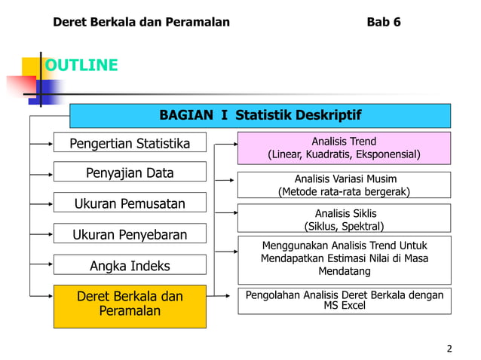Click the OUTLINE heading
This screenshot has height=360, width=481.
[x=81, y=66]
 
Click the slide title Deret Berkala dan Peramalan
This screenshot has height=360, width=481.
[x=141, y=22]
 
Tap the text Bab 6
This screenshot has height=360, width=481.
[x=383, y=22]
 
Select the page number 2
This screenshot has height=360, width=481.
[x=449, y=348]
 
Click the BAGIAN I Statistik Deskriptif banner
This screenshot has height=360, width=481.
[x=260, y=116]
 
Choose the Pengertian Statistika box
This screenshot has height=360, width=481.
[x=130, y=143]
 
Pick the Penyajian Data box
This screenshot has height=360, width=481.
[x=130, y=172]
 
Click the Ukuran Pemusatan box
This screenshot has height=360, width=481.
[x=130, y=204]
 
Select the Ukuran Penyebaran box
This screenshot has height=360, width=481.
[x=130, y=234]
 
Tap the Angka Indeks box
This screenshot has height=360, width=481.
[x=130, y=266]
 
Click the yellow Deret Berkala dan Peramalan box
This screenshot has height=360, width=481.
[x=130, y=304]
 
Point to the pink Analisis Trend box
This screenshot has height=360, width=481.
[x=344, y=148]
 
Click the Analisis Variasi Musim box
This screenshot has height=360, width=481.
[x=344, y=185]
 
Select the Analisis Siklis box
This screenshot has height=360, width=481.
[x=344, y=219]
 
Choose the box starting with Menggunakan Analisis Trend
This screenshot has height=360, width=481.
[x=344, y=258]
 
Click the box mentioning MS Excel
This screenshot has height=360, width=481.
[x=344, y=300]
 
